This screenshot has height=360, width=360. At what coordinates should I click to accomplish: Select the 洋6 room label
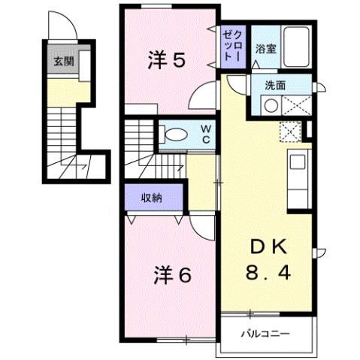tap(173, 275)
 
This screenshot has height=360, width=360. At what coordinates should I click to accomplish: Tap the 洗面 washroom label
tap(274, 85)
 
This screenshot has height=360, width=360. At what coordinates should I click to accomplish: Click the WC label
tap(204, 135)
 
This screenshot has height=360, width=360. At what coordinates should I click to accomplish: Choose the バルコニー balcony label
tap(265, 331)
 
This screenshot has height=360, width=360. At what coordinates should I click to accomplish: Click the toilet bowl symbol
tap(175, 135)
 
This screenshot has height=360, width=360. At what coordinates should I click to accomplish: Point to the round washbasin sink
tap(269, 106)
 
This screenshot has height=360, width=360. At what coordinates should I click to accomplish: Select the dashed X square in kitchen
tap(289, 133)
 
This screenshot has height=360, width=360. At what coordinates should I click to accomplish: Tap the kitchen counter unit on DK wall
tap(298, 173)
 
